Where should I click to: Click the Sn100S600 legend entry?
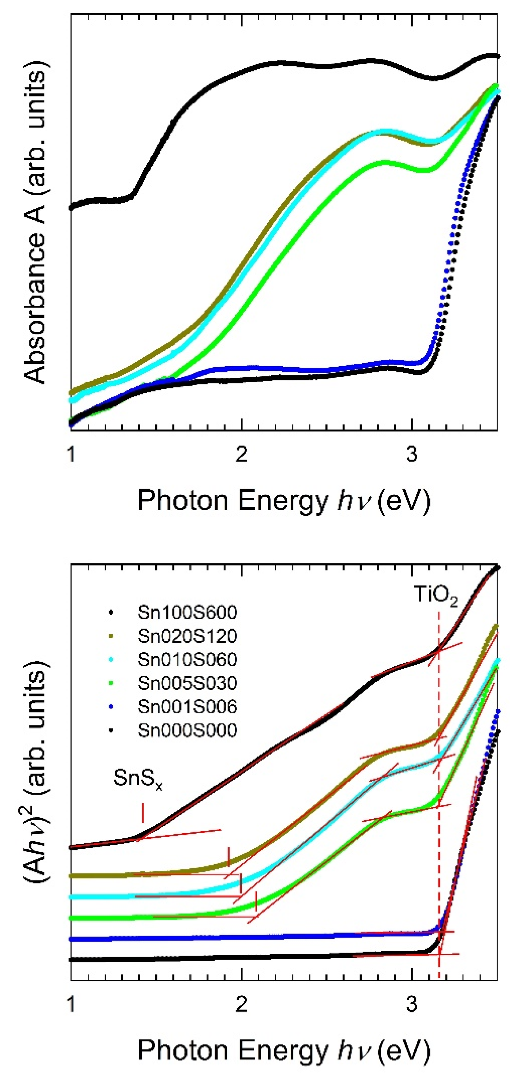187,612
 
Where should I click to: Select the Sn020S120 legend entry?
187,636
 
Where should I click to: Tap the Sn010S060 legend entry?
187,659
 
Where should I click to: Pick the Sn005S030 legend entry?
187,683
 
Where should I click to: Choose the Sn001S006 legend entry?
187,707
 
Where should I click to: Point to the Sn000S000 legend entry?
187,730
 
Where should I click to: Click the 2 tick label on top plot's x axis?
241,454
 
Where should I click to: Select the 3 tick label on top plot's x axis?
412,454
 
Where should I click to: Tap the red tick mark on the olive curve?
228,857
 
